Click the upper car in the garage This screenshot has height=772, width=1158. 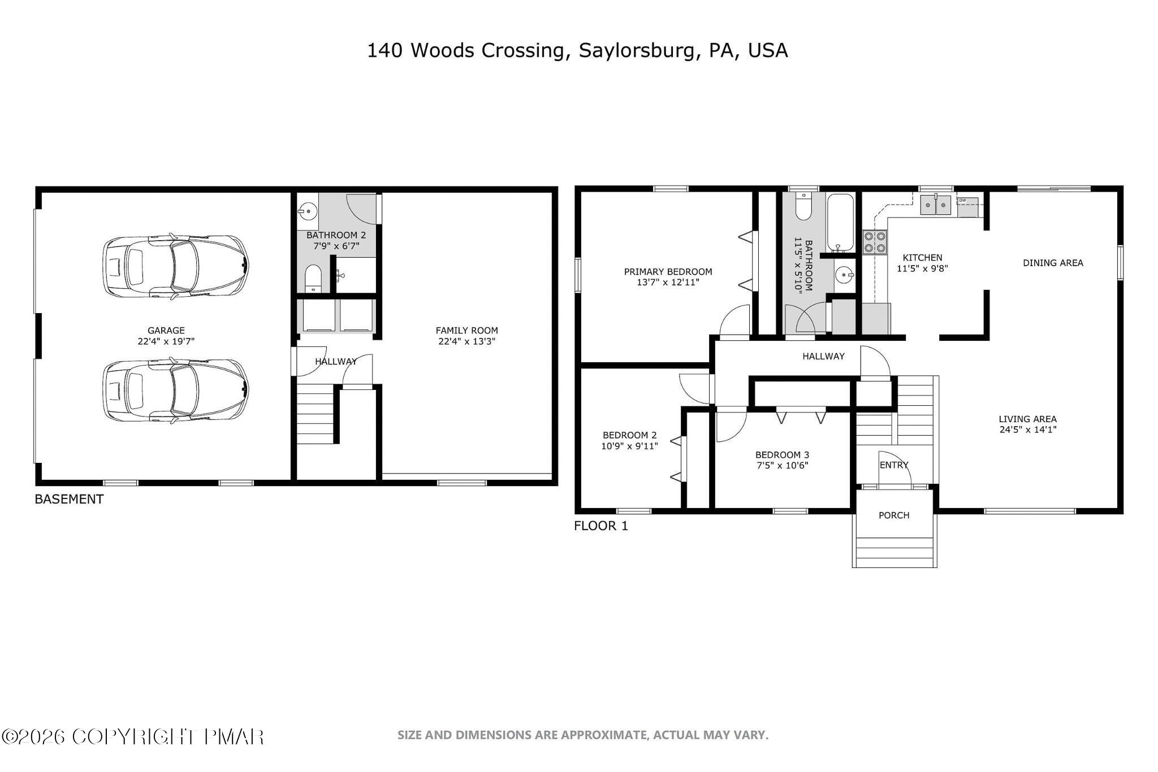[175, 266]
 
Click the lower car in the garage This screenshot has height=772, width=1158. [175, 390]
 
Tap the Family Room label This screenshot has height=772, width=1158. [466, 331]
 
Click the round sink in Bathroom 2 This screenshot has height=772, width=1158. [308, 212]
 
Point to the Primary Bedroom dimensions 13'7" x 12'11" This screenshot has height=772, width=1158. [668, 282]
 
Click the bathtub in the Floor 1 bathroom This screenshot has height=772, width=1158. [840, 223]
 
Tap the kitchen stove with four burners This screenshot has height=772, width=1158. [874, 242]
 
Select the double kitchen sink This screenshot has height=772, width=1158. [936, 205]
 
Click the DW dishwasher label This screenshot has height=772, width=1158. [962, 200]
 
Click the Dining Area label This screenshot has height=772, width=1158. [1053, 263]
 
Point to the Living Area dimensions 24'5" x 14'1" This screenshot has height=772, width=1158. [1027, 430]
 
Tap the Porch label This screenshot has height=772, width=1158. [894, 515]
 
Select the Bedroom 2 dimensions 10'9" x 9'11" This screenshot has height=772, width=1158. [629, 446]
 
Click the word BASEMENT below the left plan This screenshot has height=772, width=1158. [69, 500]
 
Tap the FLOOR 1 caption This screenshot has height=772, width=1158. [600, 526]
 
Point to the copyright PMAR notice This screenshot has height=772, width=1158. [133, 736]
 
